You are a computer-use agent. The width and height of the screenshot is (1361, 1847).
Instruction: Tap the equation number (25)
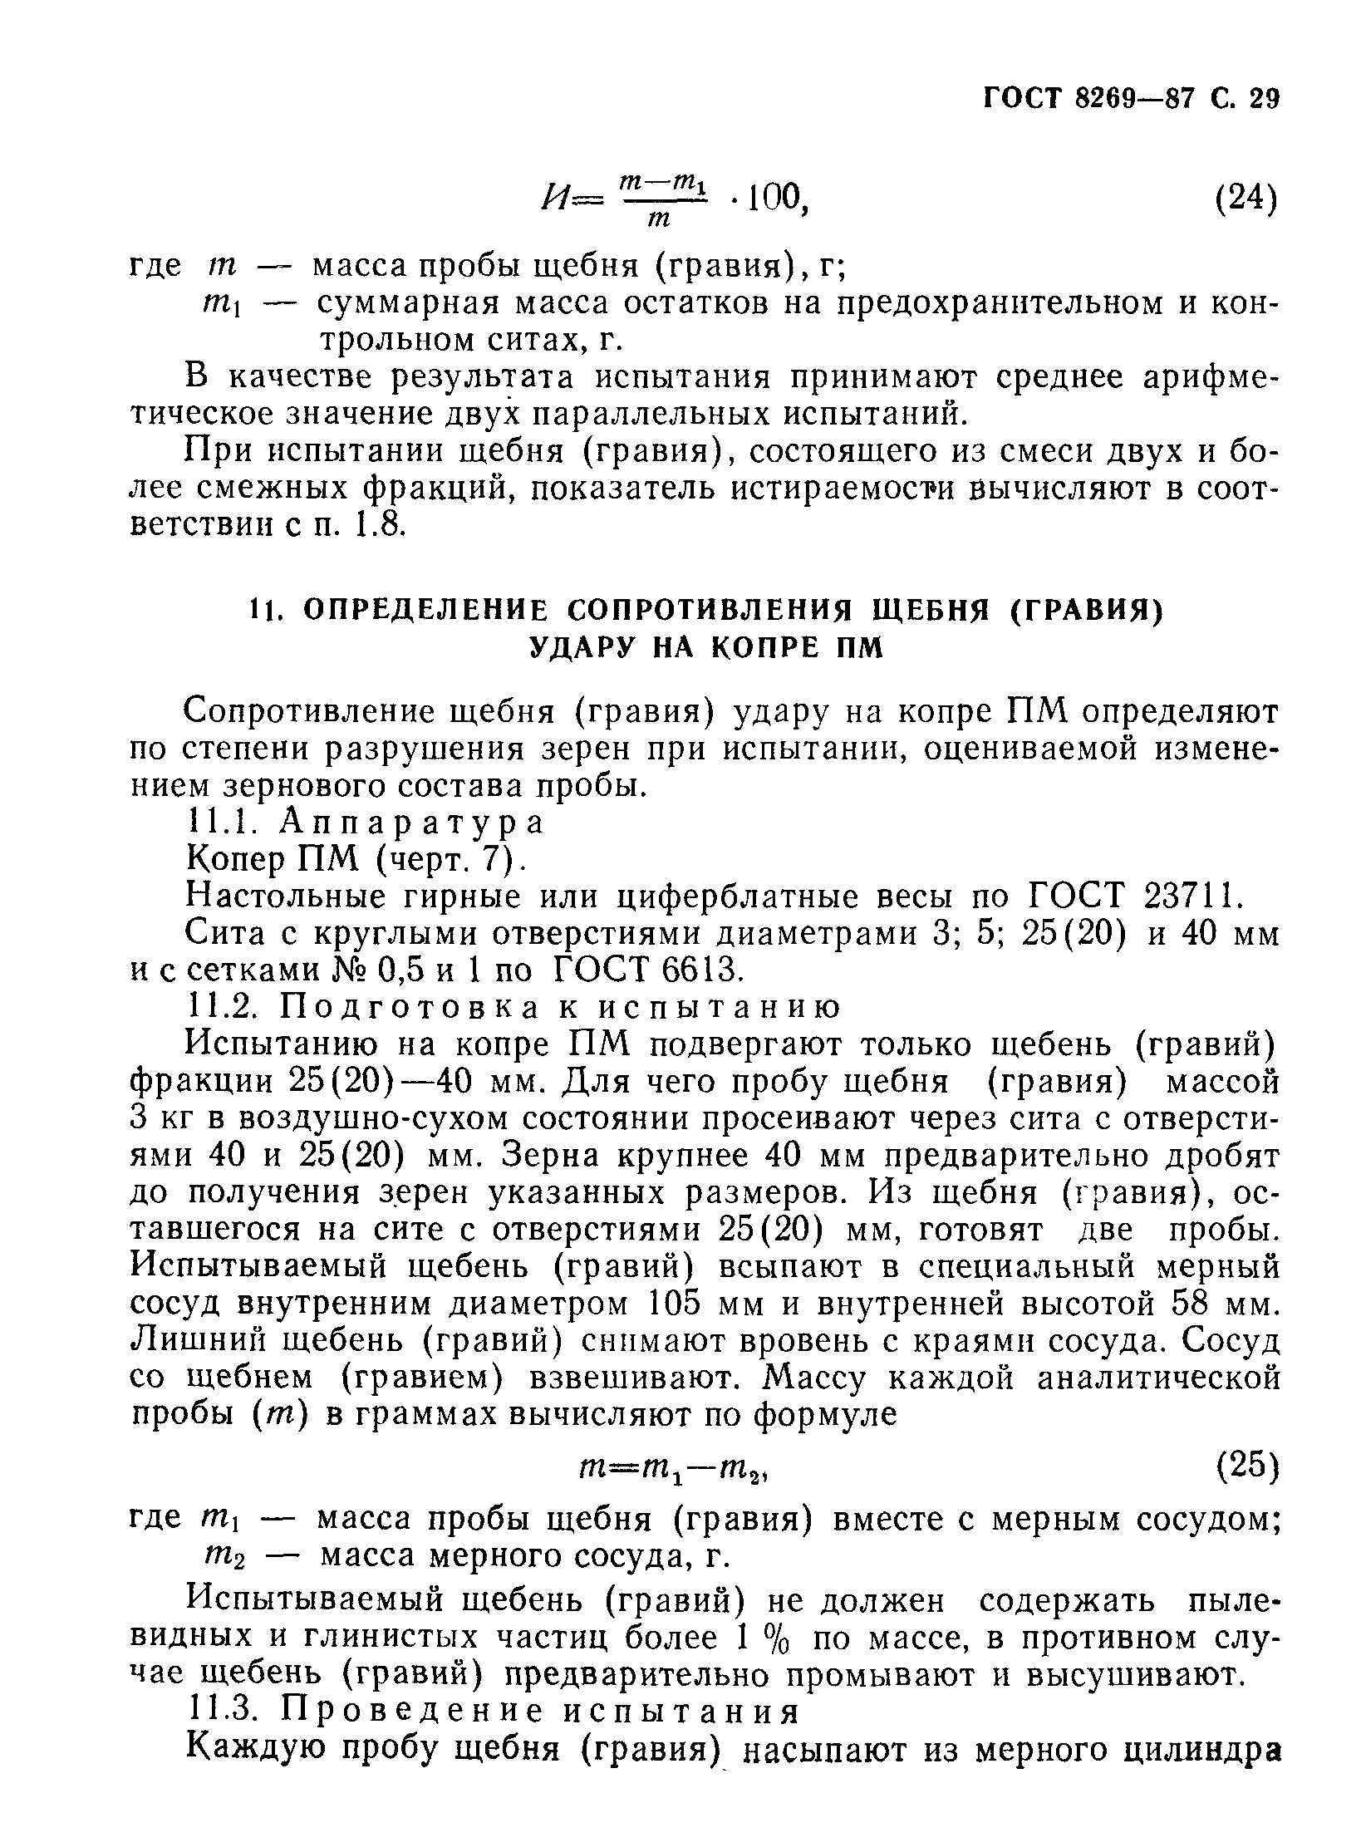pos(1246,1466)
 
